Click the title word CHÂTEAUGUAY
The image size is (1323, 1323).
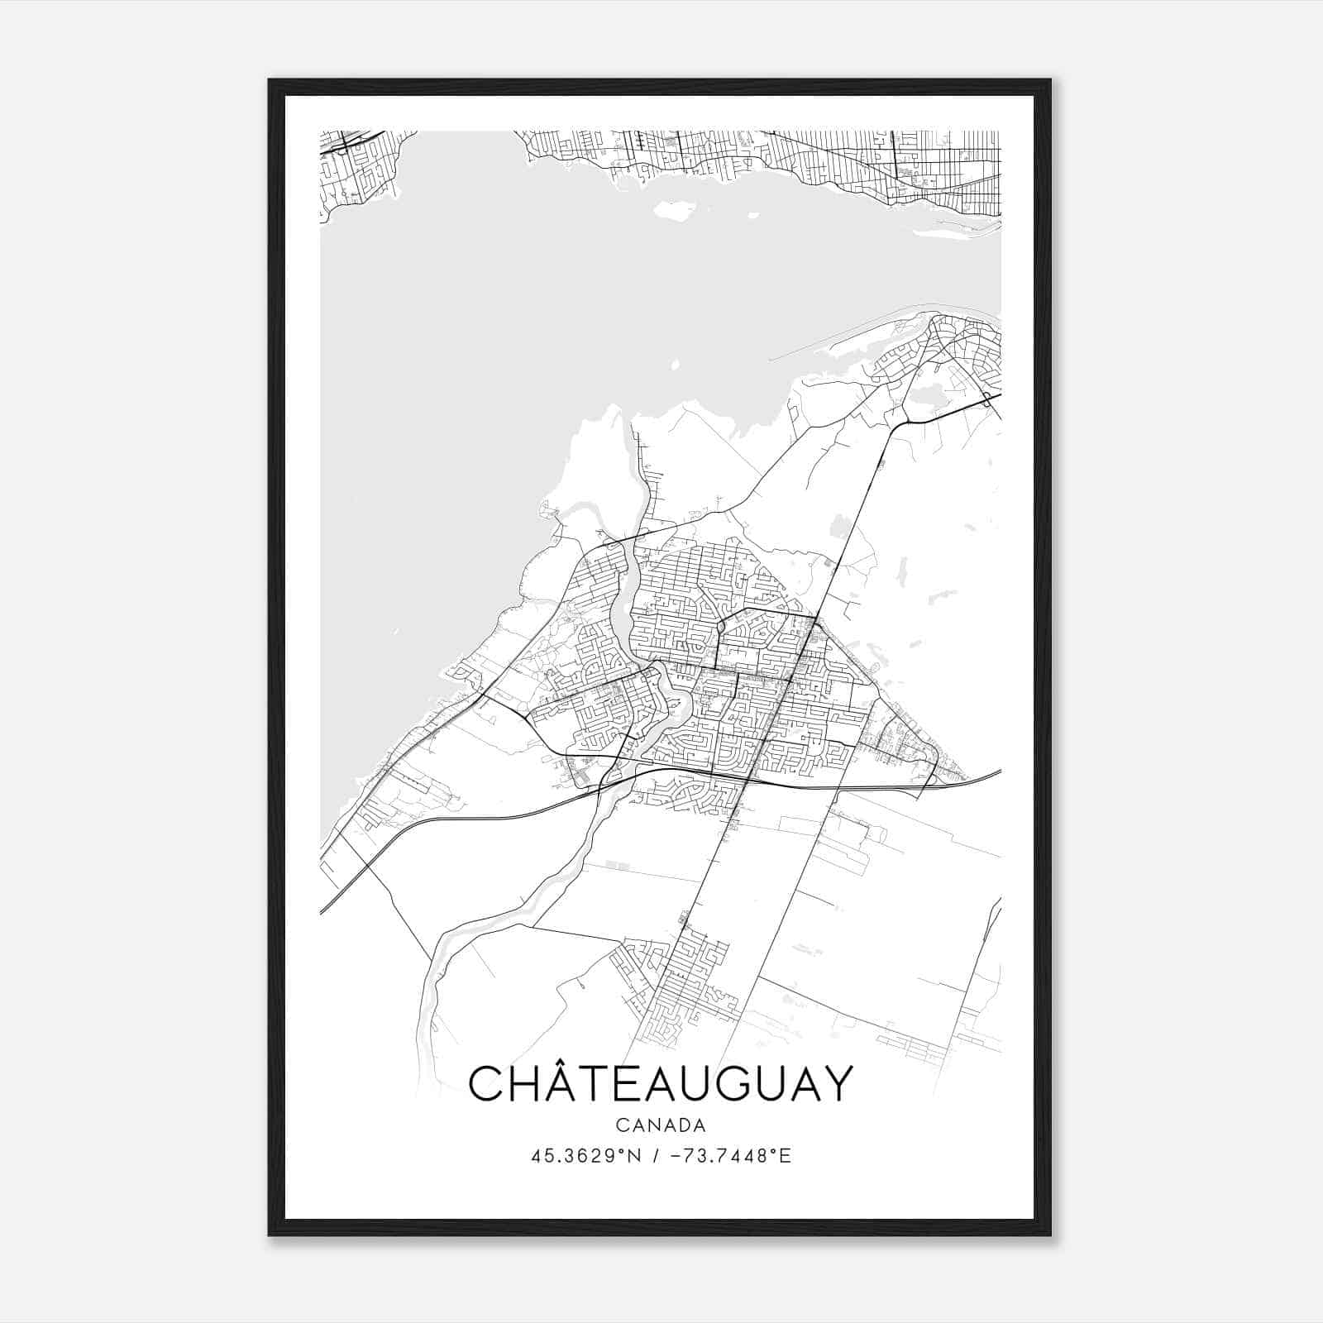(x=660, y=1084)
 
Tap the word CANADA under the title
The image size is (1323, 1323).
(x=660, y=1125)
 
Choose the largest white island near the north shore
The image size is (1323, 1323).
(x=674, y=211)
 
